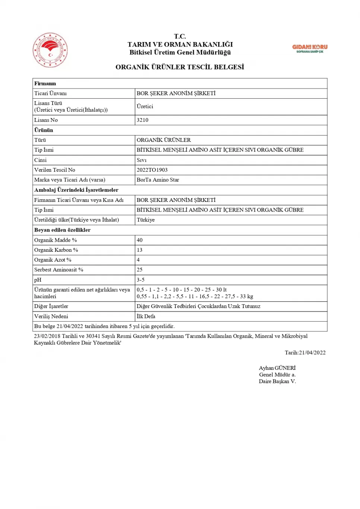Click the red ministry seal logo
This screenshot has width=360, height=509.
[x=50, y=50]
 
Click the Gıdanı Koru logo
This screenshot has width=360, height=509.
[x=310, y=48]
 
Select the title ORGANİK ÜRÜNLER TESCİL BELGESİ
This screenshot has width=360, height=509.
[x=180, y=67]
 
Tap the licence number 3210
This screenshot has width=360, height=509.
[x=142, y=120]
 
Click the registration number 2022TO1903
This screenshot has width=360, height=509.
[x=152, y=170]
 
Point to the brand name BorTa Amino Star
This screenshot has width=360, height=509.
[x=158, y=180]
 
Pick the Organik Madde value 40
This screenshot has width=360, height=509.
[x=139, y=240]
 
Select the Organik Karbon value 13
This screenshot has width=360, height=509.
[x=139, y=250]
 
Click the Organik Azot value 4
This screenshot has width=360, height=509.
[x=138, y=260]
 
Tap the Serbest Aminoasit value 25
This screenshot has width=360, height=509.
[x=139, y=270]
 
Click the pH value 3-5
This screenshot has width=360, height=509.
[x=140, y=280]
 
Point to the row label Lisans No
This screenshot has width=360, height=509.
[x=46, y=120]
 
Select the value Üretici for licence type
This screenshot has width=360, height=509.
[x=145, y=106]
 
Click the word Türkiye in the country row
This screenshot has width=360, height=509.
[x=145, y=220]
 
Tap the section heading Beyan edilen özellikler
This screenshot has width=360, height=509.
[x=62, y=230]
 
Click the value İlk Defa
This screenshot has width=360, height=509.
[x=146, y=316]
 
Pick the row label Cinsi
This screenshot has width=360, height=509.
[x=40, y=160]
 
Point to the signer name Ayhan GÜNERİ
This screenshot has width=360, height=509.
[x=277, y=368]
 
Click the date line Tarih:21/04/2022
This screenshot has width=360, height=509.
[x=305, y=353]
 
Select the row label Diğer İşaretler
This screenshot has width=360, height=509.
[x=51, y=306]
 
